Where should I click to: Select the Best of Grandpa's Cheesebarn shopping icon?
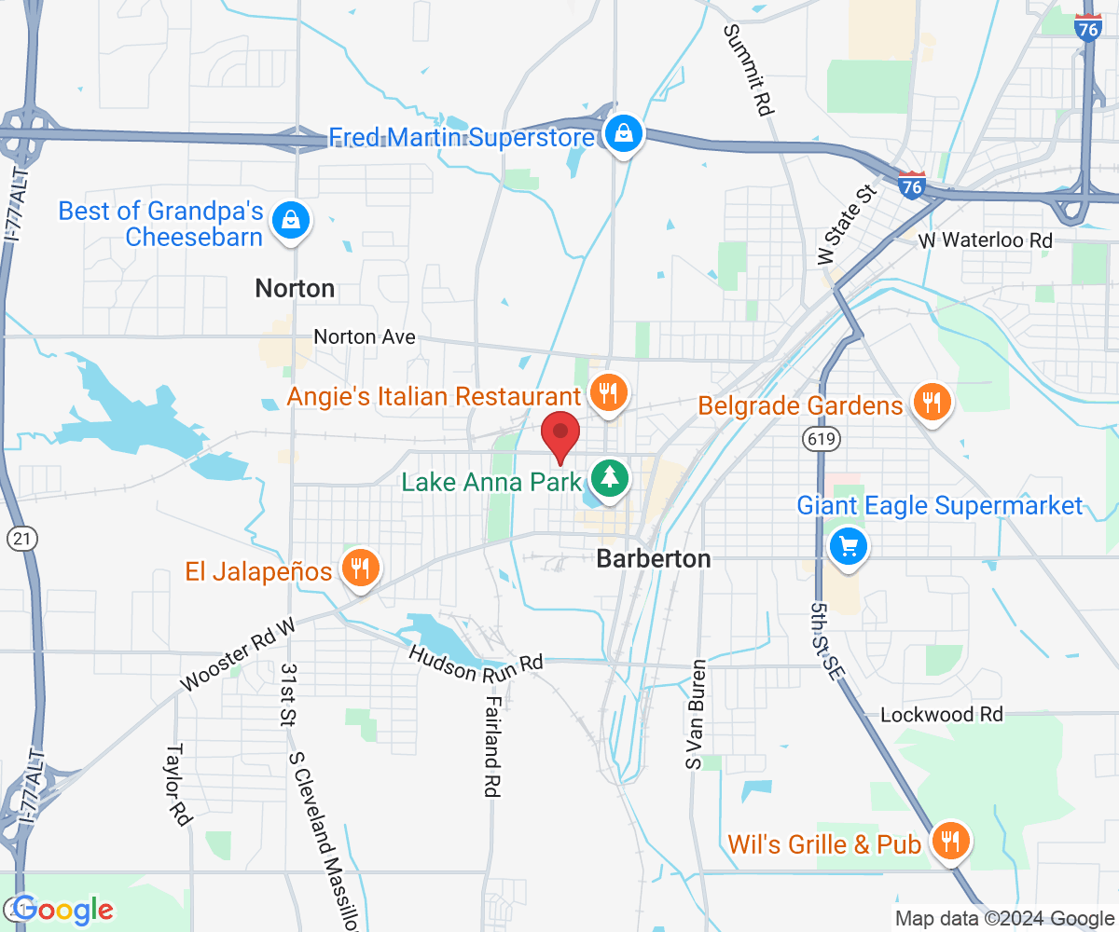(292, 222)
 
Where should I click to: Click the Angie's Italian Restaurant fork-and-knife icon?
(607, 394)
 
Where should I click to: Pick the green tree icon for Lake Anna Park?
(611, 479)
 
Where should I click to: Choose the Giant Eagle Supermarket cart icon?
(849, 545)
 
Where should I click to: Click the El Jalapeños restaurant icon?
(359, 569)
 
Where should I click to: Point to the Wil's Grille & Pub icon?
(950, 843)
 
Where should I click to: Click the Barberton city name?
(653, 559)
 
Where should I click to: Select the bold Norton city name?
(295, 289)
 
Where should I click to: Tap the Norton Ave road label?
(365, 336)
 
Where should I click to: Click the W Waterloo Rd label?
(985, 240)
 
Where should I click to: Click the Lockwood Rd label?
(942, 715)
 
